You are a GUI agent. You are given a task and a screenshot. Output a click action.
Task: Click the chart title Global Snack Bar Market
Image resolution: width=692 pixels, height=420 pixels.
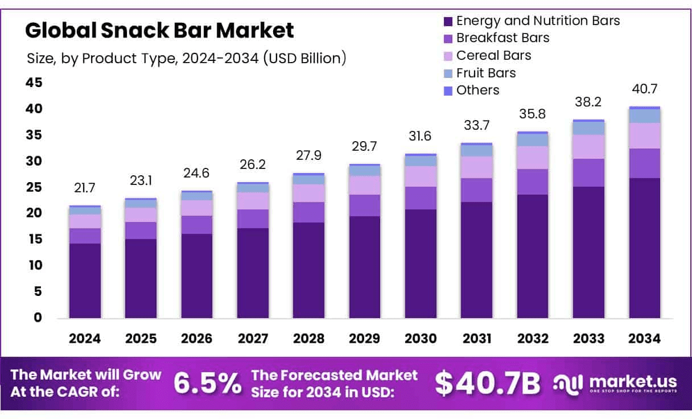[159, 30]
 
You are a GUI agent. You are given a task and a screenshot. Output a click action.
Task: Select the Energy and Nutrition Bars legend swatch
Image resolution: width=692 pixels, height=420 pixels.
[448, 22]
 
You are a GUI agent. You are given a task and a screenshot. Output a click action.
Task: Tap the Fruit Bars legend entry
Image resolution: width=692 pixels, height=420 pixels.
[485, 73]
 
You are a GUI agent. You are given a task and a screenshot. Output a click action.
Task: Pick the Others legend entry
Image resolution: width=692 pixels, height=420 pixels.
[477, 90]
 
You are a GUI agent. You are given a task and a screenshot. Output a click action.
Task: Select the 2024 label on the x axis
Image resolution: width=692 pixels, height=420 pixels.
[85, 339]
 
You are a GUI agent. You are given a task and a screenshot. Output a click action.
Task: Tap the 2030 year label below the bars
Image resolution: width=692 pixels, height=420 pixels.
[421, 339]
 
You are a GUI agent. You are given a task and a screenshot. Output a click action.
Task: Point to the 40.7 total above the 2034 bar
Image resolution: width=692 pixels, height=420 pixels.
[645, 89]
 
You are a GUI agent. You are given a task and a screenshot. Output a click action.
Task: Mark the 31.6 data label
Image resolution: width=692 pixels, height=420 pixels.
[421, 137]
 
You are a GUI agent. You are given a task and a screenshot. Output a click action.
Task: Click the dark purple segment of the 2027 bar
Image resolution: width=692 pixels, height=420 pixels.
[253, 273]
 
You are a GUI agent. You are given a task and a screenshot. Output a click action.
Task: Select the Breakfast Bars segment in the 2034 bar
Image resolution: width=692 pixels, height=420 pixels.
[645, 163]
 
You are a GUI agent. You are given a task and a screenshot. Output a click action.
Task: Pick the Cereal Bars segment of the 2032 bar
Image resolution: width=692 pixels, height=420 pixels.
[533, 158]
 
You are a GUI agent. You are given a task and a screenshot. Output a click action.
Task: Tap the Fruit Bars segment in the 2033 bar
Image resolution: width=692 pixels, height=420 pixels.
[588, 128]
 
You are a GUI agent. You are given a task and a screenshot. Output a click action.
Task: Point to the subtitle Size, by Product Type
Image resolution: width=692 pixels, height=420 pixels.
[186, 58]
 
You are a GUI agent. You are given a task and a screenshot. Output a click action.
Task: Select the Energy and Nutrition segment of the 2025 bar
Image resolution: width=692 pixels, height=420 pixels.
[141, 279]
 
